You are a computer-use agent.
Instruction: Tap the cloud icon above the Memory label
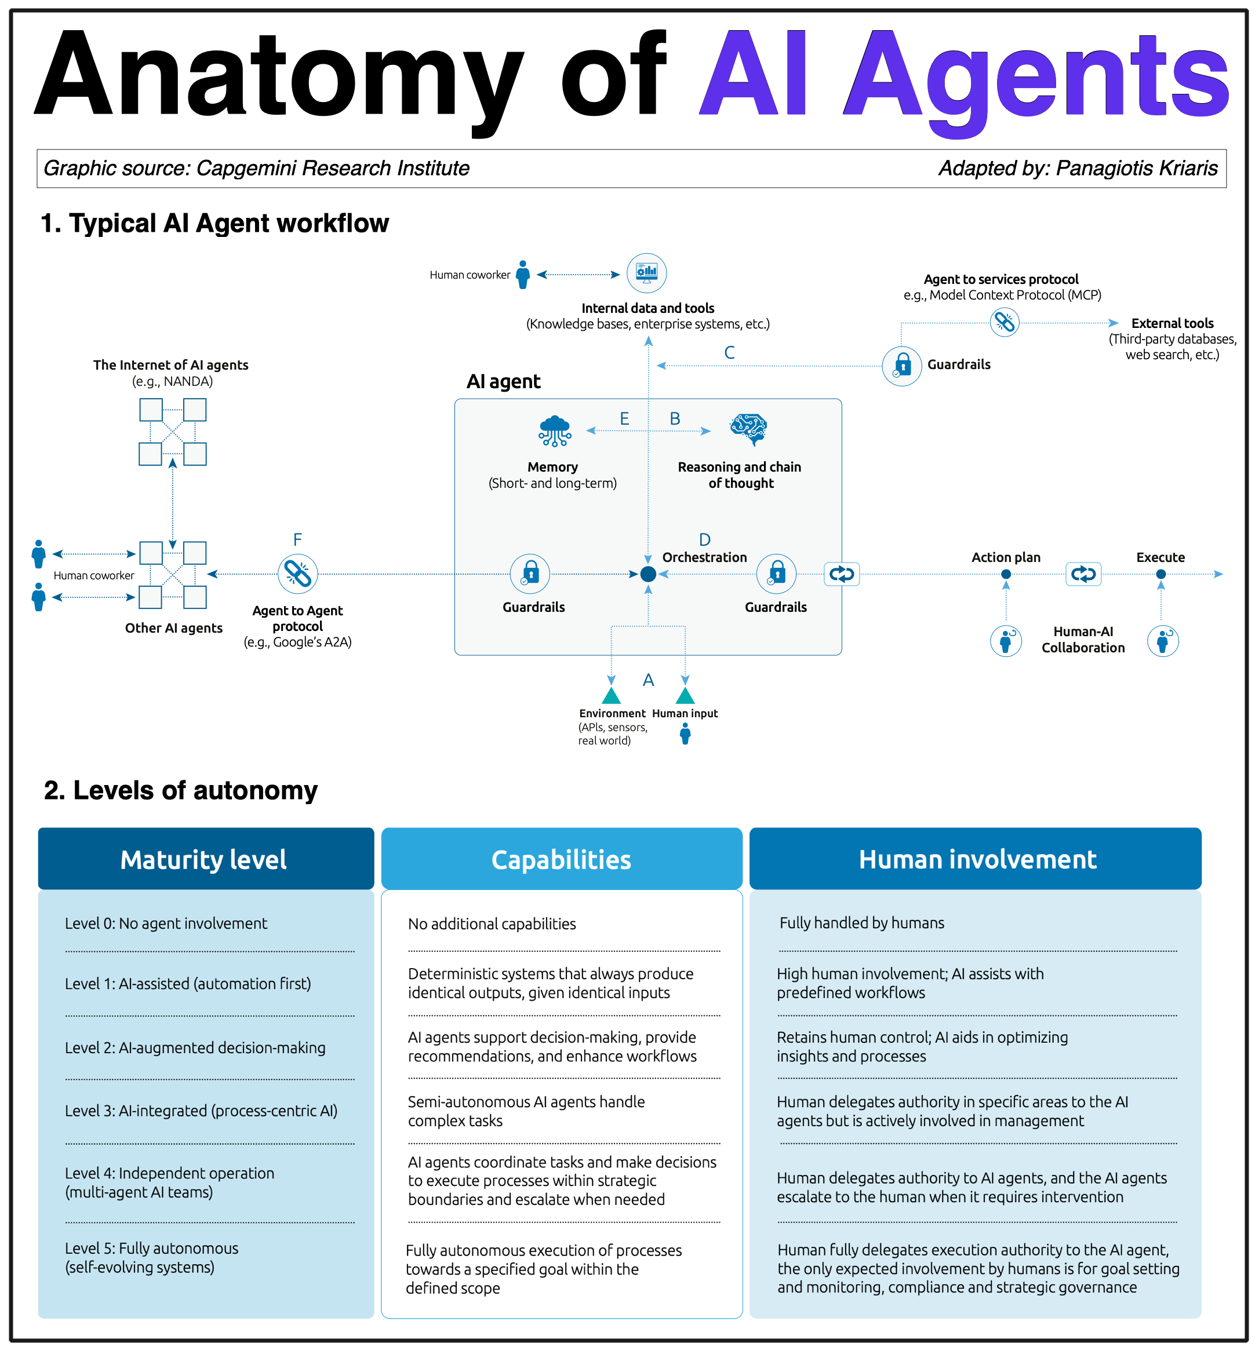coord(555,430)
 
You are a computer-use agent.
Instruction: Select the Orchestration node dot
coord(648,574)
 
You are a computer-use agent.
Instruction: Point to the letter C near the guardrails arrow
coord(729,352)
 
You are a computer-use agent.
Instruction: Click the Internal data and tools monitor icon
coord(646,273)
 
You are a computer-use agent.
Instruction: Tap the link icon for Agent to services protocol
coord(1004,322)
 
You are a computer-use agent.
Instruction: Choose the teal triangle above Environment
coord(611,695)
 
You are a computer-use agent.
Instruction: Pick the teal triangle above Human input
coord(685,695)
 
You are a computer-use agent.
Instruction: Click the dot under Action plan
coord(1006,574)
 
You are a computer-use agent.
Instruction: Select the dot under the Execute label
coord(1161,574)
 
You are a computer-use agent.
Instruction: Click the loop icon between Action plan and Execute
coord(1083,574)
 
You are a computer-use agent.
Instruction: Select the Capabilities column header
coord(561,859)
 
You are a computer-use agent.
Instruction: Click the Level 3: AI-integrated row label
coord(201,1111)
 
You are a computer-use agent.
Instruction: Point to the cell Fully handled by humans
coord(862,923)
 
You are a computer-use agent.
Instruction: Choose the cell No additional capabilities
coord(492,923)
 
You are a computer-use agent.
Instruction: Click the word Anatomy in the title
coord(279,75)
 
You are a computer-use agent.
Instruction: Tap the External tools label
coord(1172,323)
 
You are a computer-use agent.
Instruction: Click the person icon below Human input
coord(685,733)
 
